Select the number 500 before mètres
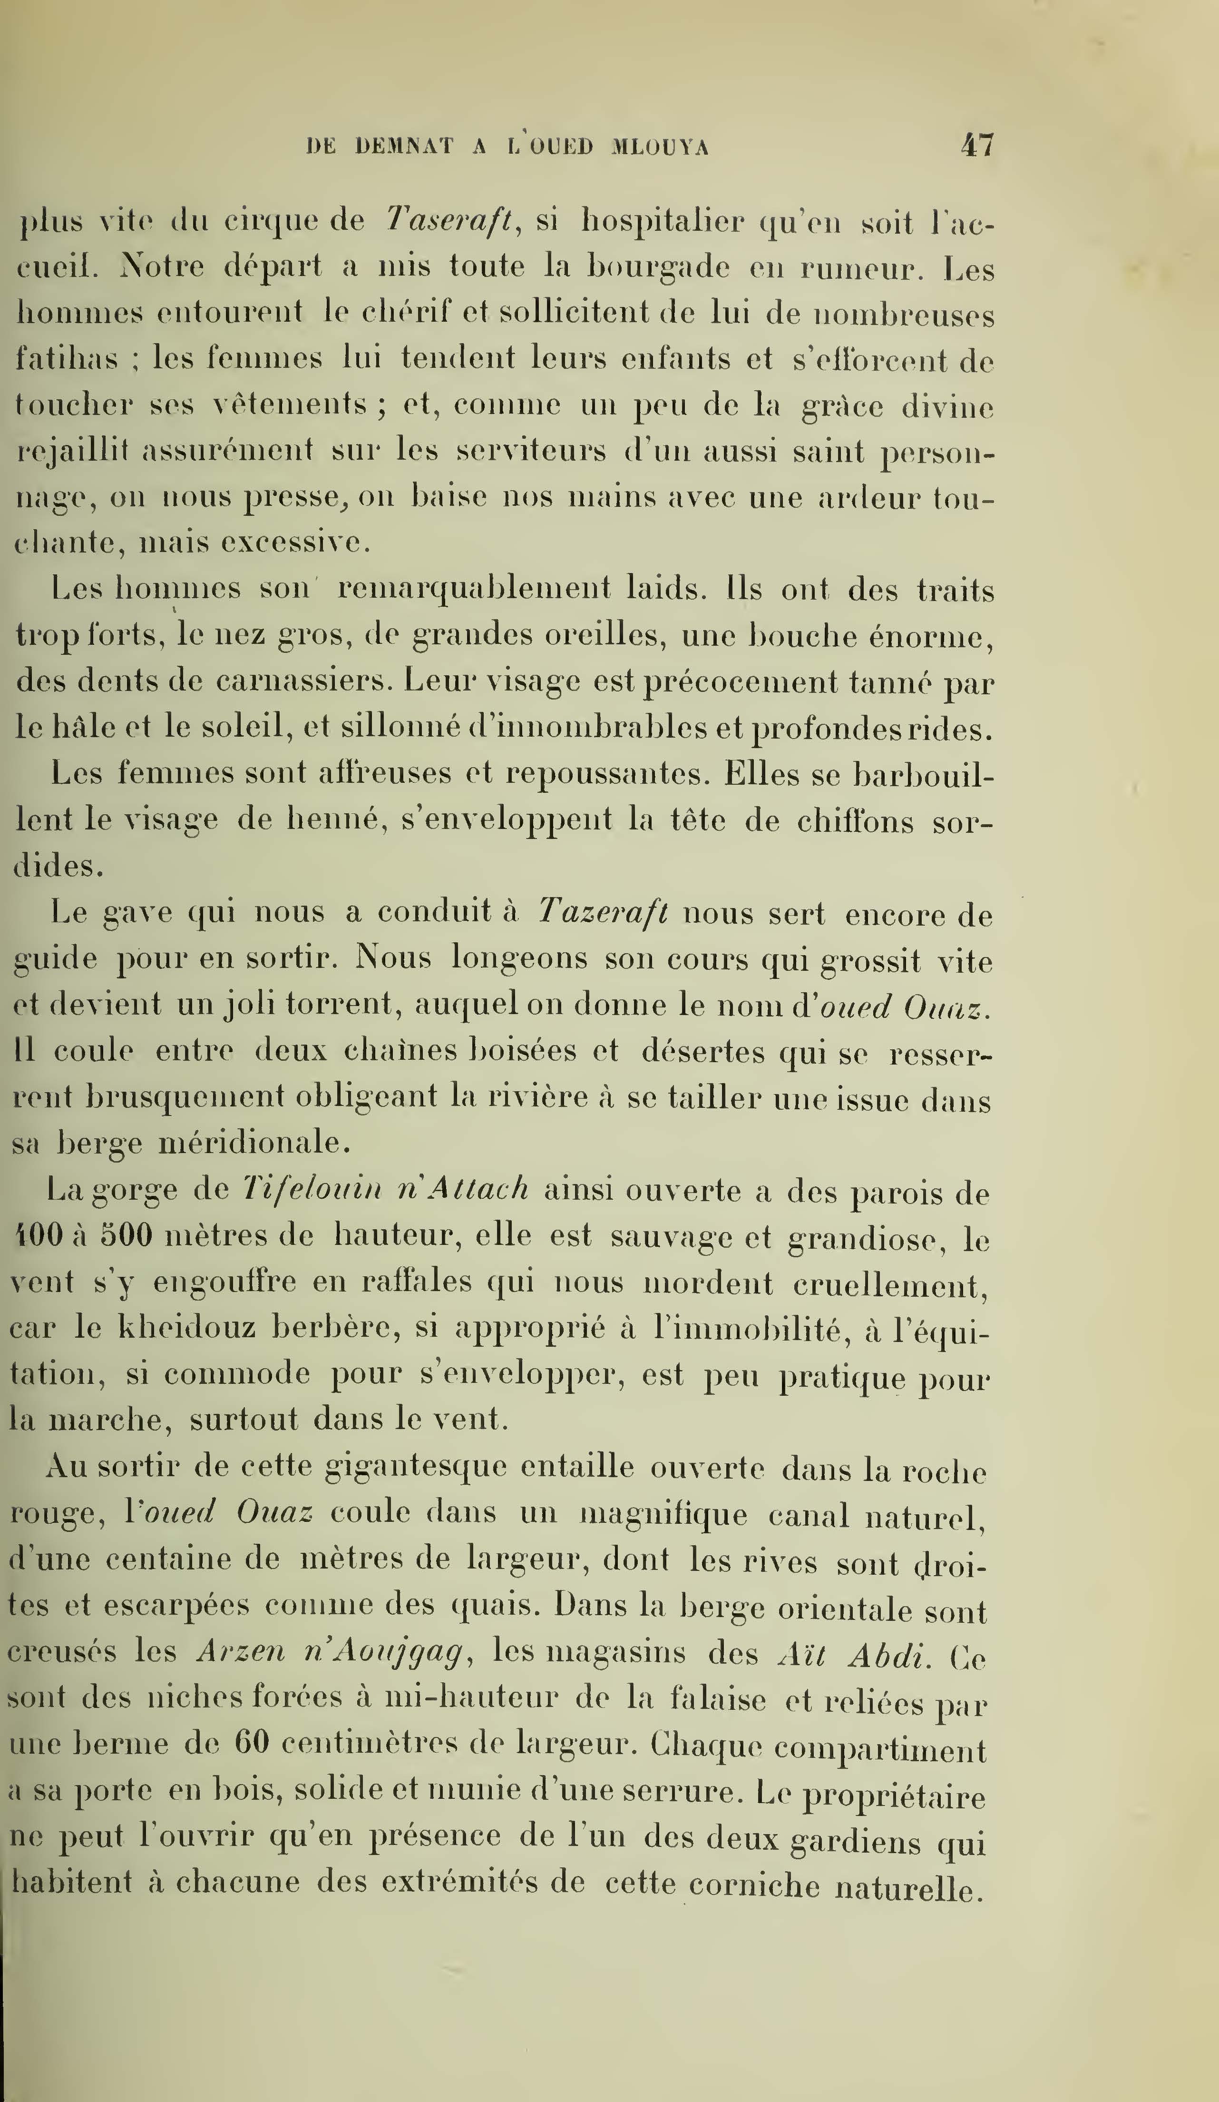[x=127, y=1234]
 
